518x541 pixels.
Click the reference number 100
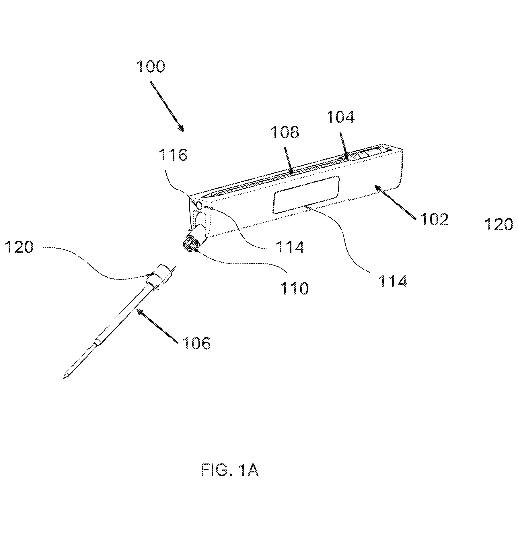[x=151, y=67]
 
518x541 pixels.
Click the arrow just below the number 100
[x=167, y=107]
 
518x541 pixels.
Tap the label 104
[x=340, y=117]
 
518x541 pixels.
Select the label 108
[x=285, y=132]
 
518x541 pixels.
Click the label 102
[x=434, y=220]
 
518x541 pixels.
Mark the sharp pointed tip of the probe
[x=63, y=379]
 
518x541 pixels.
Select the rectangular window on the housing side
[x=306, y=195]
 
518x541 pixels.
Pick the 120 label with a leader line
[x=20, y=247]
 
